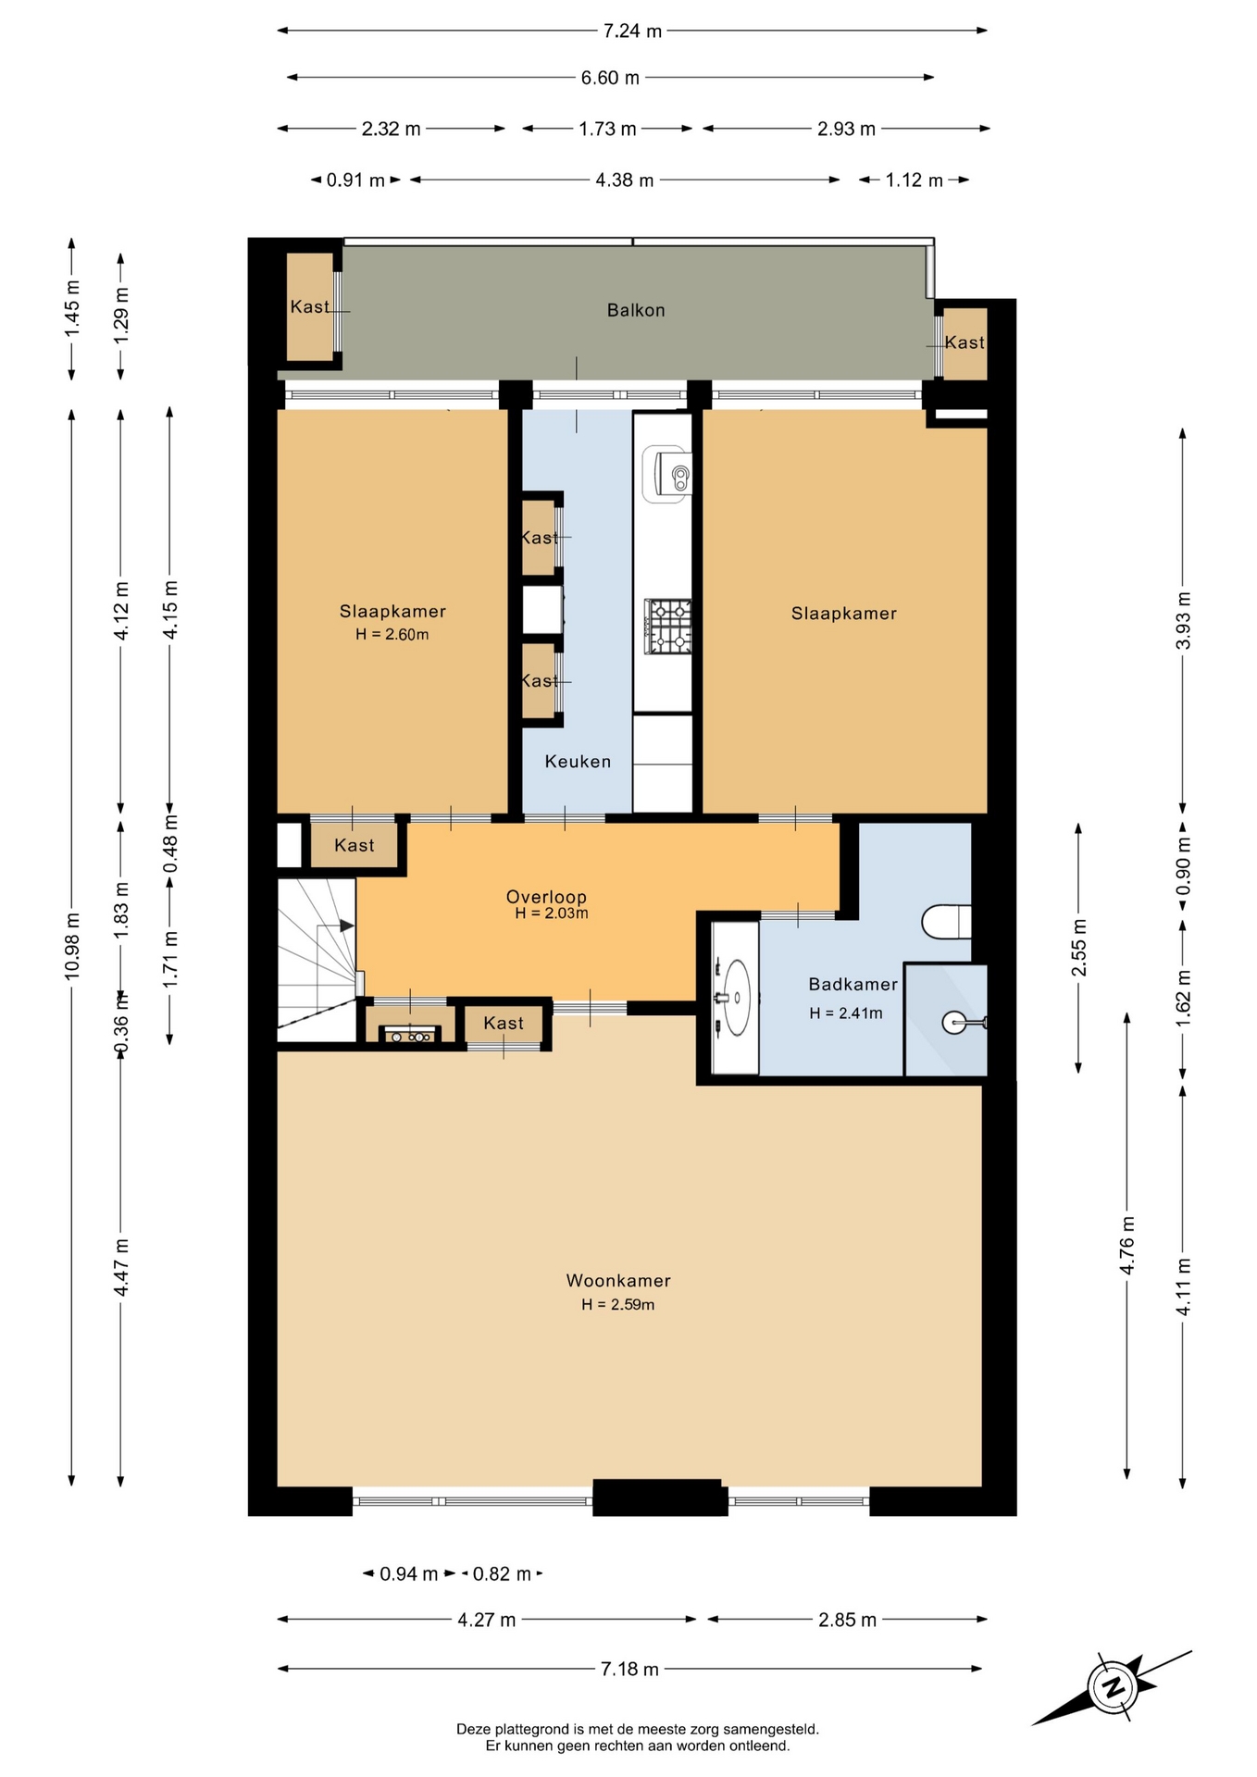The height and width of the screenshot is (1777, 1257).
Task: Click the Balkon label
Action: pyautogui.click(x=636, y=310)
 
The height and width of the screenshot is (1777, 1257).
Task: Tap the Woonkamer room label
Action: pyautogui.click(x=618, y=1281)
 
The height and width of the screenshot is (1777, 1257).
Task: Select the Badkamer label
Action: pyautogui.click(x=853, y=984)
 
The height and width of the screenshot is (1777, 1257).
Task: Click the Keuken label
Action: pyautogui.click(x=578, y=762)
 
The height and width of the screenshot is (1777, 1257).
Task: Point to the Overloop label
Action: pyautogui.click(x=546, y=896)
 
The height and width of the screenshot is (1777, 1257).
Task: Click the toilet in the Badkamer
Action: pyautogui.click(x=947, y=921)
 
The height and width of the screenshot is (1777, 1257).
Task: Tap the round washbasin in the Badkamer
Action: pyautogui.click(x=738, y=998)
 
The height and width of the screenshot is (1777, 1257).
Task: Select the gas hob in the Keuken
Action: pyautogui.click(x=668, y=626)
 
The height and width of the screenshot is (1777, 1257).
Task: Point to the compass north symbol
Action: pyautogui.click(x=1114, y=1686)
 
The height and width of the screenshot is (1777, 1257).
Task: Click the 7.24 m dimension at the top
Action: pyautogui.click(x=632, y=31)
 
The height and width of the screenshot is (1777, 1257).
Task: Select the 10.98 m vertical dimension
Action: pyautogui.click(x=72, y=945)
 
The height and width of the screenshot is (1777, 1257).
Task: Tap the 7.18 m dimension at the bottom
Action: pyautogui.click(x=629, y=1669)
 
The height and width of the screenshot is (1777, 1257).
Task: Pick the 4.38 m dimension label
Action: pyautogui.click(x=625, y=180)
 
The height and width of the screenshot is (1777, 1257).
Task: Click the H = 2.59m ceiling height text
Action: pyautogui.click(x=617, y=1305)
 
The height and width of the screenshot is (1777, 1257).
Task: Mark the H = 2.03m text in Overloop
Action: pyautogui.click(x=552, y=913)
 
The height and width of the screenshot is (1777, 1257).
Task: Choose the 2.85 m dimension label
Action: pyautogui.click(x=847, y=1619)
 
